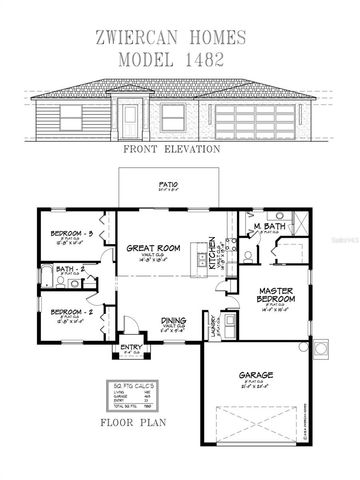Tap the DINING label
click(x=172, y=322)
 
